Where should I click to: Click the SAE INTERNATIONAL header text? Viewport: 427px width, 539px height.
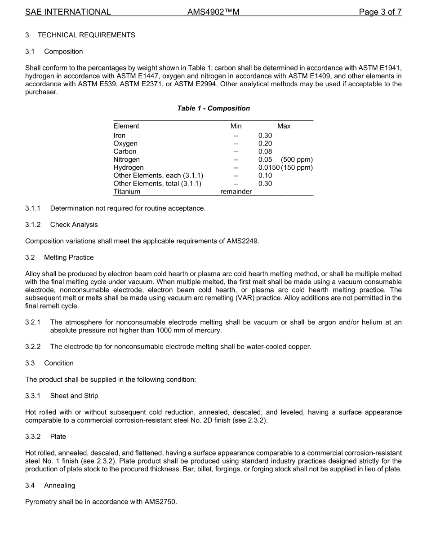click(68, 12)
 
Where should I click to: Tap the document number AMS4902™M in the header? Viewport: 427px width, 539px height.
click(213, 12)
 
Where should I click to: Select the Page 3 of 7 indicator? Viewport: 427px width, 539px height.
click(380, 12)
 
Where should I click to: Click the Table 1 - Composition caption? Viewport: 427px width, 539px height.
click(213, 108)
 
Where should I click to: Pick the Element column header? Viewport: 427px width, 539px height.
click(126, 126)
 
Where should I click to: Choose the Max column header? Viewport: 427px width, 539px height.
click(284, 126)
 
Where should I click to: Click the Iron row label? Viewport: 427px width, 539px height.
click(120, 136)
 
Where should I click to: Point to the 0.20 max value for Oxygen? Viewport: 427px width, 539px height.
click(265, 144)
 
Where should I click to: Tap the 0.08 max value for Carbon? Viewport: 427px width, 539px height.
click(265, 152)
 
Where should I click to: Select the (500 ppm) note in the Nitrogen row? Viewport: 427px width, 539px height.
click(297, 160)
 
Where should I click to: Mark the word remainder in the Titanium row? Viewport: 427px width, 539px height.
click(236, 192)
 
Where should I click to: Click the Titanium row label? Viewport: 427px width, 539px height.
click(127, 192)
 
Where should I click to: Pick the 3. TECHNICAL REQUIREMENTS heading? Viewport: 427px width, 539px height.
click(80, 35)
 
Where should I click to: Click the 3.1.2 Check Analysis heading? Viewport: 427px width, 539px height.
click(62, 225)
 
